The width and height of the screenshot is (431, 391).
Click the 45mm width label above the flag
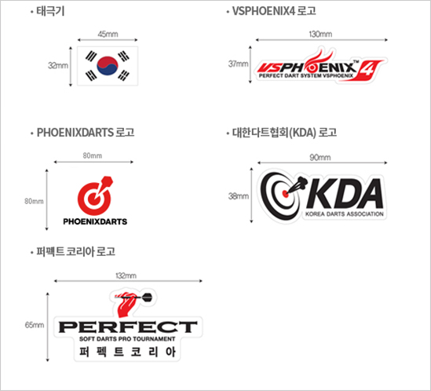pyautogui.click(x=108, y=34)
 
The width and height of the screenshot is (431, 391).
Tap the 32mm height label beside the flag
pyautogui.click(x=58, y=65)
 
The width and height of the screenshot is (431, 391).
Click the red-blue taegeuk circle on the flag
pyautogui.click(x=108, y=66)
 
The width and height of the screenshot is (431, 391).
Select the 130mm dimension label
pyautogui.click(x=320, y=34)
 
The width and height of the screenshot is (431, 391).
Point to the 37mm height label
pyautogui.click(x=239, y=64)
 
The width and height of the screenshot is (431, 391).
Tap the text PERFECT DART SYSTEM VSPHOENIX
pyautogui.click(x=306, y=76)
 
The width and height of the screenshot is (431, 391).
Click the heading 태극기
pyautogui.click(x=50, y=11)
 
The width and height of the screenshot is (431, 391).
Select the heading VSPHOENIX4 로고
pyautogui.click(x=274, y=11)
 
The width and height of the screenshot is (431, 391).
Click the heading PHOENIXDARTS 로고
pyautogui.click(x=86, y=133)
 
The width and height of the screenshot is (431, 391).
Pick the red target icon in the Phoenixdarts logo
pyautogui.click(x=95, y=195)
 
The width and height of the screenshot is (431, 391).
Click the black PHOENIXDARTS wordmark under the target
pyautogui.click(x=95, y=221)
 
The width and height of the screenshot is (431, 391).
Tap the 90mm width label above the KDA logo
pyautogui.click(x=320, y=158)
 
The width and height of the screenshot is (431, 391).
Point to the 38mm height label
pyautogui.click(x=239, y=196)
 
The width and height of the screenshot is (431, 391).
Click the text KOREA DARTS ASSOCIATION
pyautogui.click(x=345, y=214)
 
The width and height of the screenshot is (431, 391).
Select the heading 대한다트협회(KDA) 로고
pyautogui.click(x=284, y=133)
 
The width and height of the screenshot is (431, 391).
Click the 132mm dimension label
pyautogui.click(x=126, y=276)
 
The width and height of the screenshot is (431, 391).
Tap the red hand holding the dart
pyautogui.click(x=126, y=304)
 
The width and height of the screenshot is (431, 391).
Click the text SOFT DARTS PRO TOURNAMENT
pyautogui.click(x=127, y=339)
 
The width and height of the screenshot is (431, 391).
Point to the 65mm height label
pyautogui.click(x=35, y=325)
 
